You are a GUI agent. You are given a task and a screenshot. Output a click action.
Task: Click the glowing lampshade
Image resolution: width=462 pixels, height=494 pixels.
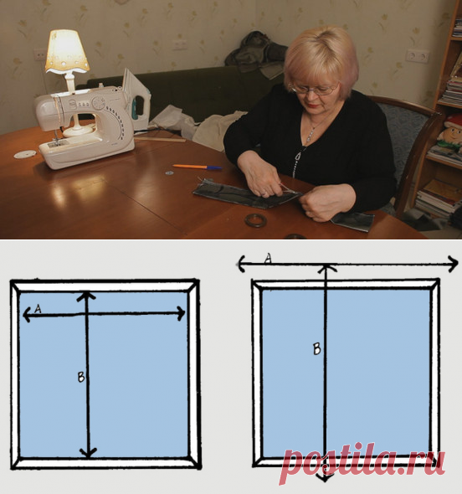(x=67, y=51)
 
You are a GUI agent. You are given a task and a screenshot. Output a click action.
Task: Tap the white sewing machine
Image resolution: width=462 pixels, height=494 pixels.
(x=85, y=127)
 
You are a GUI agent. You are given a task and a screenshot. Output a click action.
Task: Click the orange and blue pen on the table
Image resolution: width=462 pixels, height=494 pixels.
(x=198, y=167)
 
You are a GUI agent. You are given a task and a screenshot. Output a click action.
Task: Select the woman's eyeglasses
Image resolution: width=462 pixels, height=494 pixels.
(x=315, y=89)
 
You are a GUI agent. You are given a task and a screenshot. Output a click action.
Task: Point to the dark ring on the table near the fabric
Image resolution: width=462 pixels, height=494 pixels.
(x=256, y=219)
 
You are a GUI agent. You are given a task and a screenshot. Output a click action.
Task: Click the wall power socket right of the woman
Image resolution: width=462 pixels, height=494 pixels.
(x=417, y=56)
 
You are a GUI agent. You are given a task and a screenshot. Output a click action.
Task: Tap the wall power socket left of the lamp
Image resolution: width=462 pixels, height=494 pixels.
(x=40, y=54)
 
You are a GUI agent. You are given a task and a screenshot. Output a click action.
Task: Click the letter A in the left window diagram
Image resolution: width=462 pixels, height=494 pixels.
(x=38, y=309)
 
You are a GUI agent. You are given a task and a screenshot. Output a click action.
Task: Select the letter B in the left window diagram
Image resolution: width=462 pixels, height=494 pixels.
(x=81, y=377)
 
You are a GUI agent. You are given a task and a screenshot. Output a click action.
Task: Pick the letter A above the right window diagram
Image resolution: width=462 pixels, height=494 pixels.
(x=268, y=259)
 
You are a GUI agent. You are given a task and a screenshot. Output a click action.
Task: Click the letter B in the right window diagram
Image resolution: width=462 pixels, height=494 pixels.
(x=317, y=349)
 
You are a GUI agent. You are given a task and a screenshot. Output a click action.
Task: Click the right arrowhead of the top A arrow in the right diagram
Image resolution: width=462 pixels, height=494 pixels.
(x=454, y=263)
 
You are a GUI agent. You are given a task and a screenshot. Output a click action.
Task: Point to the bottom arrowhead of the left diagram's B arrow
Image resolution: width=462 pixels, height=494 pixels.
(x=88, y=453)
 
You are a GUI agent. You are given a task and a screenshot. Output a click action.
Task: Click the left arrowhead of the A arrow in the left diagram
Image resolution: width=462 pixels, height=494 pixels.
(x=27, y=315)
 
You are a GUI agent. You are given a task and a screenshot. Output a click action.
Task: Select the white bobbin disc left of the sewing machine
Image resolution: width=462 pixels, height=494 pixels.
(x=25, y=154)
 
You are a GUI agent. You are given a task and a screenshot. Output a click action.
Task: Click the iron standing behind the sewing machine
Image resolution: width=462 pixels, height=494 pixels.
(x=136, y=100)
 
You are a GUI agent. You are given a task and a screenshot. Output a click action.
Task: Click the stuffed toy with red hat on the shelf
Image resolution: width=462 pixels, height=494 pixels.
(x=450, y=132)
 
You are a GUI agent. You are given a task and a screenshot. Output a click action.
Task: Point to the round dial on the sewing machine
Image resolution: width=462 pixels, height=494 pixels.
(x=99, y=103)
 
